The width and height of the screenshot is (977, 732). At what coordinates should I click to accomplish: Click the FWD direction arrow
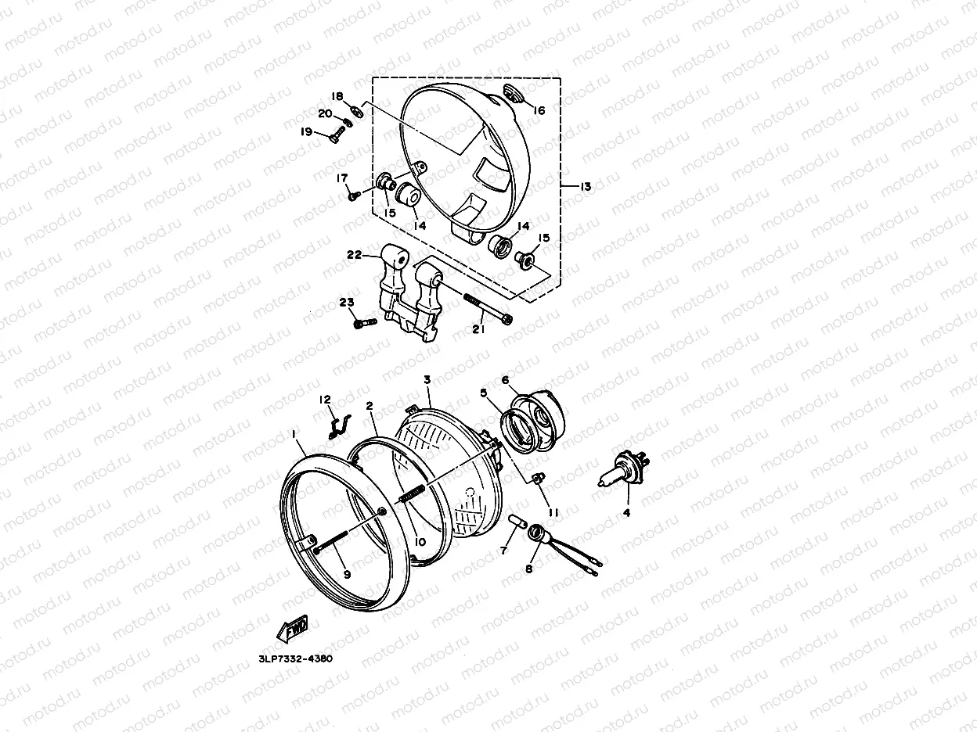click(x=292, y=628)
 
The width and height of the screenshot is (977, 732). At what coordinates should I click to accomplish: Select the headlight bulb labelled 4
click(x=622, y=472)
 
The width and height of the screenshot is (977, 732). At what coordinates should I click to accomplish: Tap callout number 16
click(x=538, y=110)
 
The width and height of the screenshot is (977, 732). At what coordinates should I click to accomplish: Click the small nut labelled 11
click(x=538, y=478)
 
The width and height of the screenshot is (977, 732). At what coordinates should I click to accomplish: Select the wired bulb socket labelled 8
click(x=538, y=534)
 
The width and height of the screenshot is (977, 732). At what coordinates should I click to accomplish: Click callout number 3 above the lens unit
click(x=427, y=379)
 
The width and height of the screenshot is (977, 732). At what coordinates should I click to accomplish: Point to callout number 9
click(x=346, y=574)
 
